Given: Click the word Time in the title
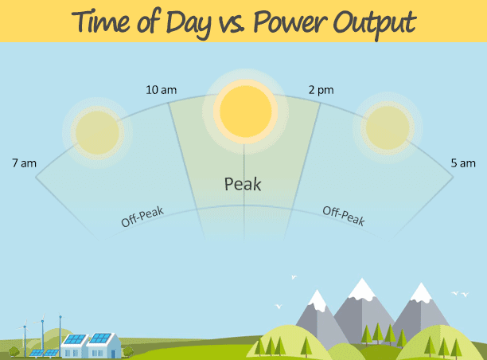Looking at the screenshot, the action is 101,22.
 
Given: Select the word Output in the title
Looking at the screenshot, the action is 375,24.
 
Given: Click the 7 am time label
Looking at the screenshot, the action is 24,163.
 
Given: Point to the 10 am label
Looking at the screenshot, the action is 162,90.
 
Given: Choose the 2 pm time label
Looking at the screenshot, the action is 321,91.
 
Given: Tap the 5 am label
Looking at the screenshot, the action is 463,163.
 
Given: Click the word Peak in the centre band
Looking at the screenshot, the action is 243,184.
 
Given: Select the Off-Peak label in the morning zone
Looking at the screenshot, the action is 142,217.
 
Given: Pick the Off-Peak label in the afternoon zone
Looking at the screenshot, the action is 344,215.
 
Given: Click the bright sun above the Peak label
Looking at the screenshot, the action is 245,112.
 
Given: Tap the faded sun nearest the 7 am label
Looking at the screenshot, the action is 97,133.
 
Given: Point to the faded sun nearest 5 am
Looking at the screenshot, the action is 388,127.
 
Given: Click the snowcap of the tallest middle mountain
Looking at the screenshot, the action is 362,289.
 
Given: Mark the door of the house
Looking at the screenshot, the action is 113,354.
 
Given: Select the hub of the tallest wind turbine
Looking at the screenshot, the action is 60,317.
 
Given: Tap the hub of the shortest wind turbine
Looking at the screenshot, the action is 25,327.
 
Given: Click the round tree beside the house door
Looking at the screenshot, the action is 128,351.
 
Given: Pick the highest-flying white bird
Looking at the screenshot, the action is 294,276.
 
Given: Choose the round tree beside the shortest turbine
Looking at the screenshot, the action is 14,352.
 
